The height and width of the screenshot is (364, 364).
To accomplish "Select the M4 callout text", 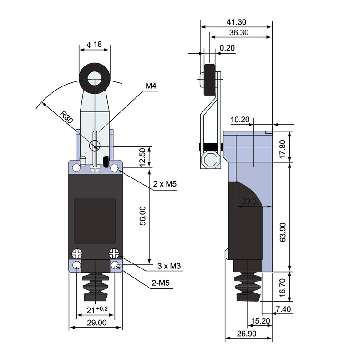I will (x=152, y=85).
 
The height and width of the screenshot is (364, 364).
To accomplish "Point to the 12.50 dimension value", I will (x=142, y=157).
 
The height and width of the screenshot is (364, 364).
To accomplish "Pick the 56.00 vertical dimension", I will (x=142, y=216).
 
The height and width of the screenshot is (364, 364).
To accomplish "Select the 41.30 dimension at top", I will (x=237, y=22).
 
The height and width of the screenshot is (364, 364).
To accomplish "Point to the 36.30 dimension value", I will (x=239, y=33).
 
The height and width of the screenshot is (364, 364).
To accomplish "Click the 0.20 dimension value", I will (x=227, y=48).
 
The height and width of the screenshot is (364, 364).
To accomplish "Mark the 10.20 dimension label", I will (x=240, y=120).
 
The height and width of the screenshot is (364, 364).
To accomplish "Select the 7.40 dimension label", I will (x=283, y=310).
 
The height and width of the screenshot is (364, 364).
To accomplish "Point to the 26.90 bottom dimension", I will (x=246, y=334).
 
